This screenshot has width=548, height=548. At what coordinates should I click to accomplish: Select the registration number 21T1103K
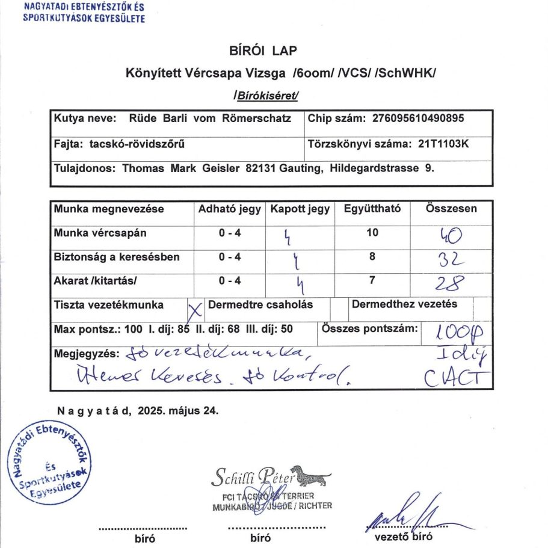[x=442, y=144]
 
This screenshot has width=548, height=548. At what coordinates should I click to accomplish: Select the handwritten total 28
[x=451, y=283]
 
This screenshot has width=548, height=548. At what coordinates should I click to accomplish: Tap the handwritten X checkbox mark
[x=195, y=310]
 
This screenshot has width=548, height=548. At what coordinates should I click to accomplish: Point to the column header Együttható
[x=372, y=209]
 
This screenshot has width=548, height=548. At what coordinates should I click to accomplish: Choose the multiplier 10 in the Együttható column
[x=372, y=233]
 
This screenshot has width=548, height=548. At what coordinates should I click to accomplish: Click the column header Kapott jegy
[x=300, y=209]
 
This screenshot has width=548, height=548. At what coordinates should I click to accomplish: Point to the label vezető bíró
[x=403, y=537]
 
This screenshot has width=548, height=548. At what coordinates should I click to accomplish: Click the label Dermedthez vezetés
[x=404, y=304]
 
